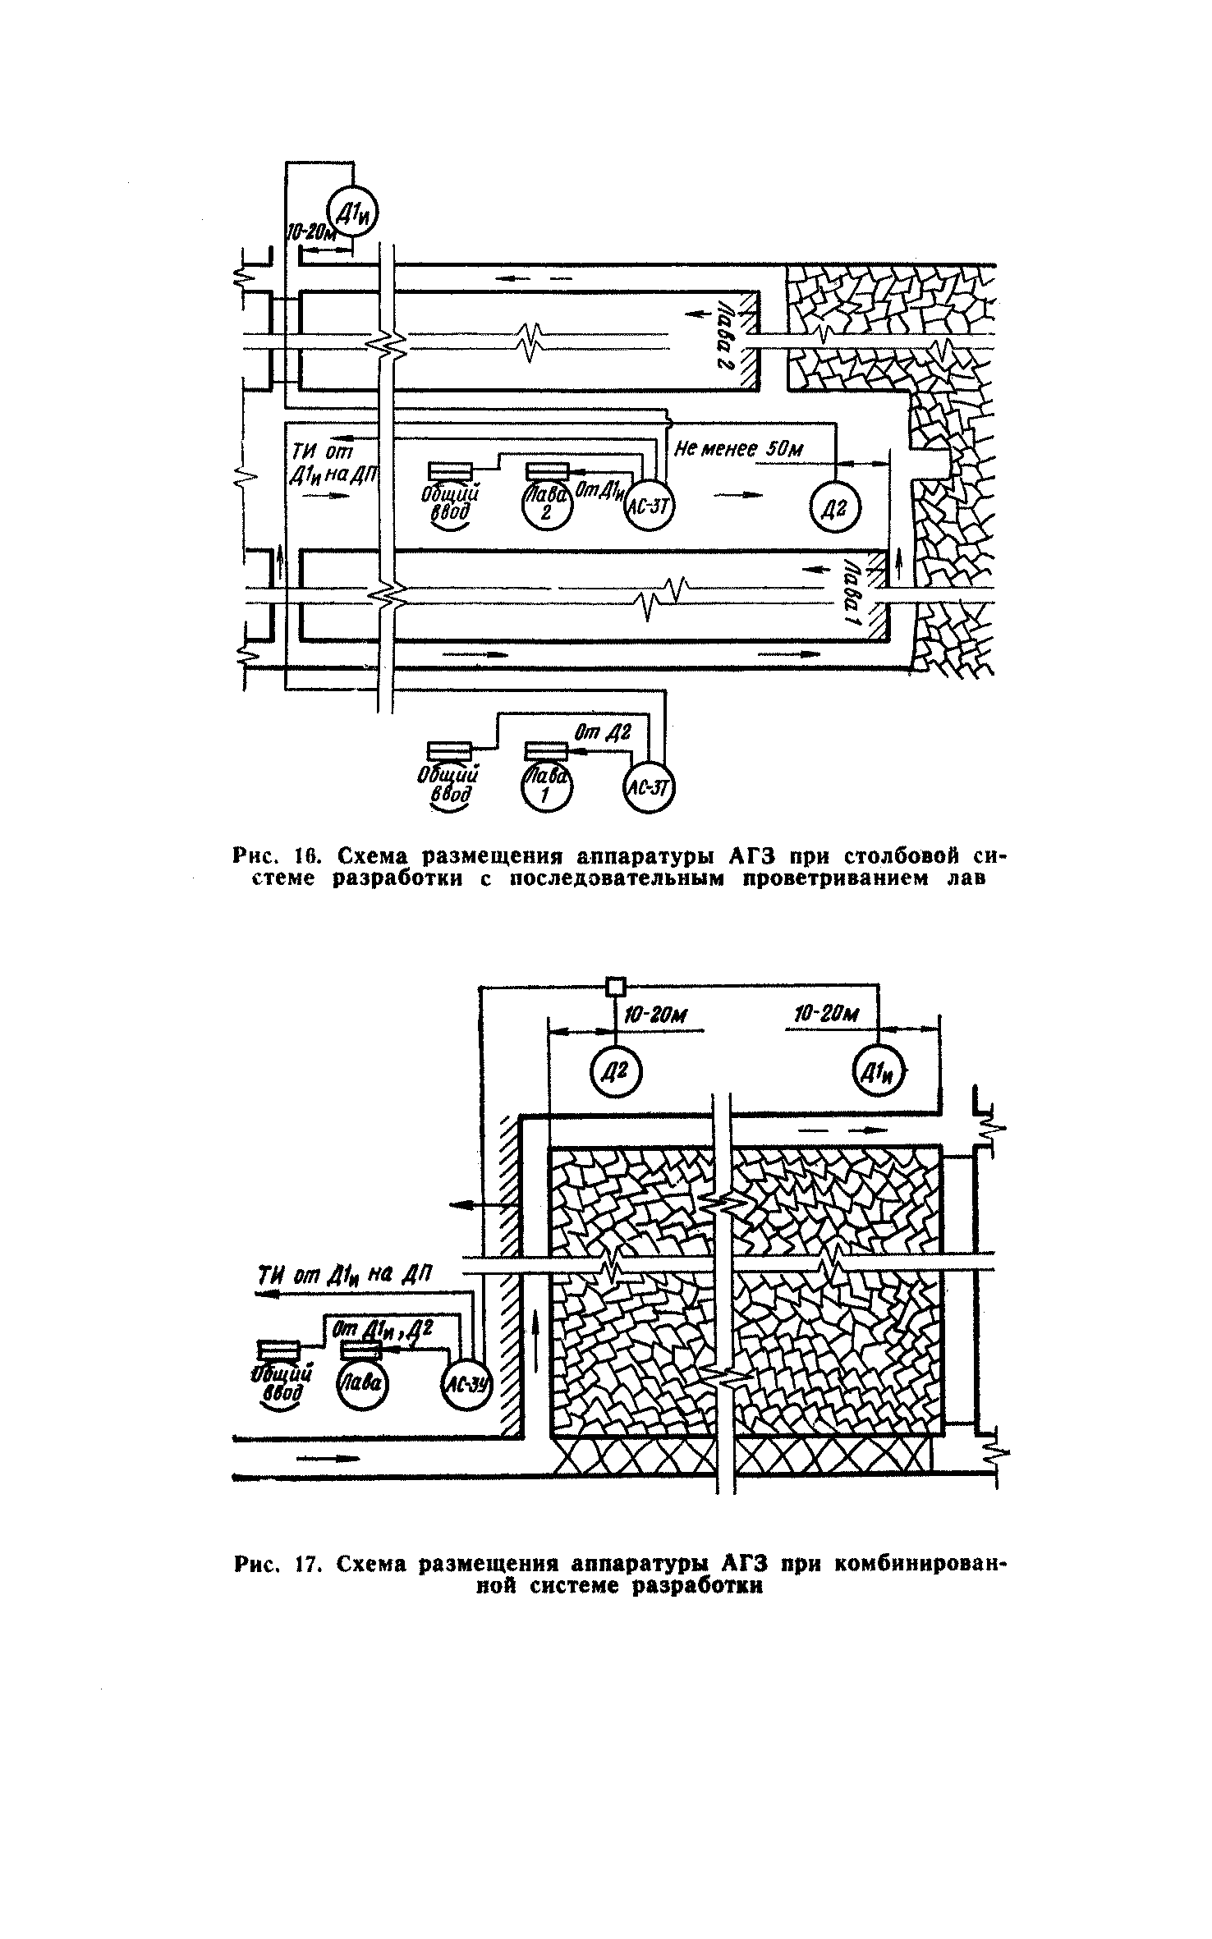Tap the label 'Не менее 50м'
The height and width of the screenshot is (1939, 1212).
738,449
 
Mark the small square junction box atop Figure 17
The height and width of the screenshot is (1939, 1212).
615,985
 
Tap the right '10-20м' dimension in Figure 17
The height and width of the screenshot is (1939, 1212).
827,1016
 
